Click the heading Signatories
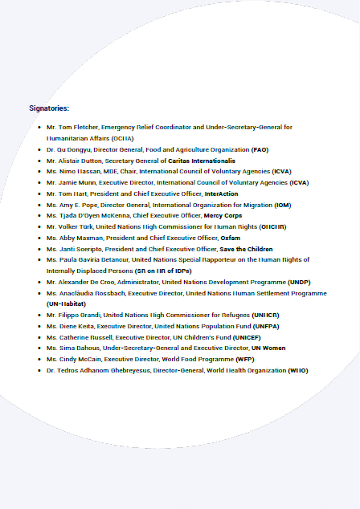coord(49,107)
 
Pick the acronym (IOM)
coord(283,205)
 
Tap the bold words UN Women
coord(268,348)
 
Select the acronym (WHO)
coord(297,370)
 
